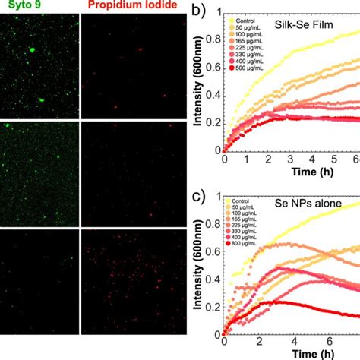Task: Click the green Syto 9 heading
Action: [x=22, y=6]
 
